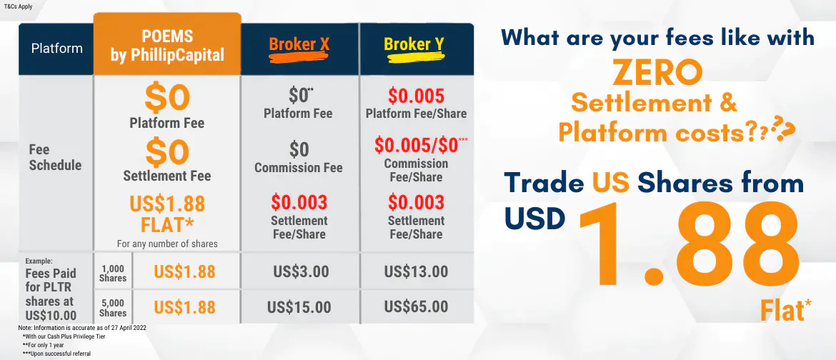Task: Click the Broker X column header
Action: click(x=299, y=45)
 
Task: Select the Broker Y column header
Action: click(x=414, y=45)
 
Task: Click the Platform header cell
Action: click(x=56, y=49)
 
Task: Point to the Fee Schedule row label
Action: click(x=56, y=157)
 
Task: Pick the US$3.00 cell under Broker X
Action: click(x=302, y=271)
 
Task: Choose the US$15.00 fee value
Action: click(x=299, y=307)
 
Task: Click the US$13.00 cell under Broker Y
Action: click(x=416, y=271)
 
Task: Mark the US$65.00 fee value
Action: click(x=416, y=306)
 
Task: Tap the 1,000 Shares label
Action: click(x=113, y=274)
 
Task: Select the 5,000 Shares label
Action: click(x=113, y=309)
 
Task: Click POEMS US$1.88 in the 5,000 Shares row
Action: click(x=184, y=307)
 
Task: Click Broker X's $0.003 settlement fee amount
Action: click(x=299, y=203)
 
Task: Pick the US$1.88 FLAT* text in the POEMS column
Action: click(x=167, y=214)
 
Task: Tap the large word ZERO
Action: click(x=657, y=74)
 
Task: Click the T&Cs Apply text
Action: click(x=18, y=7)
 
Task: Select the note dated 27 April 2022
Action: click(x=82, y=327)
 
